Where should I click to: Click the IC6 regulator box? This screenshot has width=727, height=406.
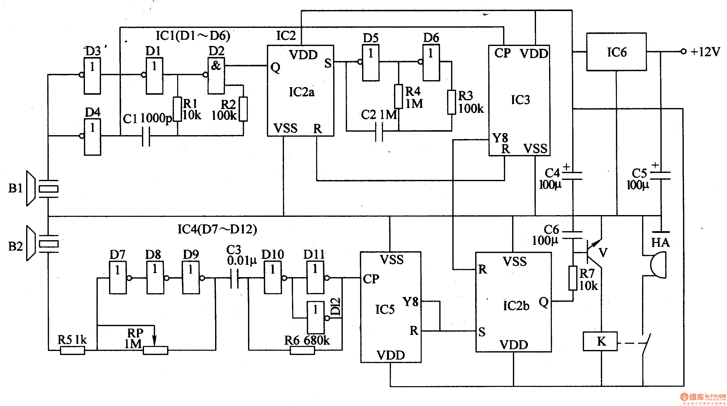(616, 52)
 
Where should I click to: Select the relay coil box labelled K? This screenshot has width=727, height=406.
(600, 341)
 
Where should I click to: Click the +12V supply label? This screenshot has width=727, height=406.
(705, 52)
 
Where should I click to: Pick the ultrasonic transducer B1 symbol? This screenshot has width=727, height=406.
(42, 188)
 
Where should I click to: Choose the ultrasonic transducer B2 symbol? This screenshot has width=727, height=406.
(42, 243)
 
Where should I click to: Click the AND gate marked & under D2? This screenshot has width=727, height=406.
(216, 76)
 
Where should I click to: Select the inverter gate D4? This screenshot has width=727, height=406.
(92, 137)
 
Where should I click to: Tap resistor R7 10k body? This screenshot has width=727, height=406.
(573, 278)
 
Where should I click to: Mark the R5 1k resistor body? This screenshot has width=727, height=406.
(73, 350)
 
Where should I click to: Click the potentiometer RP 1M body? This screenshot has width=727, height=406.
(156, 350)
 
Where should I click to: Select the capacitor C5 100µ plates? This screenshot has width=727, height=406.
(660, 176)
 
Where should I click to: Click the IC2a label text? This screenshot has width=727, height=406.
(301, 92)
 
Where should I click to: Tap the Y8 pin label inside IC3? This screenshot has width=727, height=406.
(500, 138)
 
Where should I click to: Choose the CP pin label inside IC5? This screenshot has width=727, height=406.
(371, 279)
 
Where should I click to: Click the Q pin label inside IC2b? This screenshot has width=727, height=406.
(544, 302)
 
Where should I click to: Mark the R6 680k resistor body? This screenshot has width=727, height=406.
(302, 350)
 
